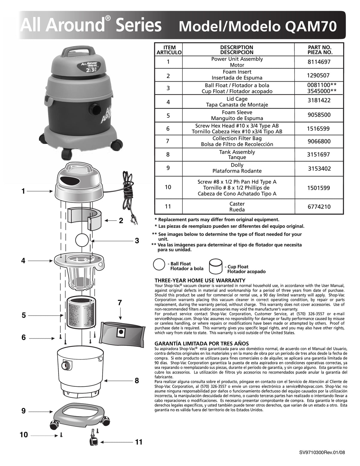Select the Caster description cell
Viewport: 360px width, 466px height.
click(x=237, y=207)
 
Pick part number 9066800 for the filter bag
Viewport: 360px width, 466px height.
click(x=319, y=141)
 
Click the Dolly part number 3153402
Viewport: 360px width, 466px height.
click(x=319, y=168)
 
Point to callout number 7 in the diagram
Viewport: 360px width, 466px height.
click(x=120, y=303)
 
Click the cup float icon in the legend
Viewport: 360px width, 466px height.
click(x=217, y=266)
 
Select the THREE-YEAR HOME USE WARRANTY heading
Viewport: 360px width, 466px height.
click(x=204, y=281)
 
